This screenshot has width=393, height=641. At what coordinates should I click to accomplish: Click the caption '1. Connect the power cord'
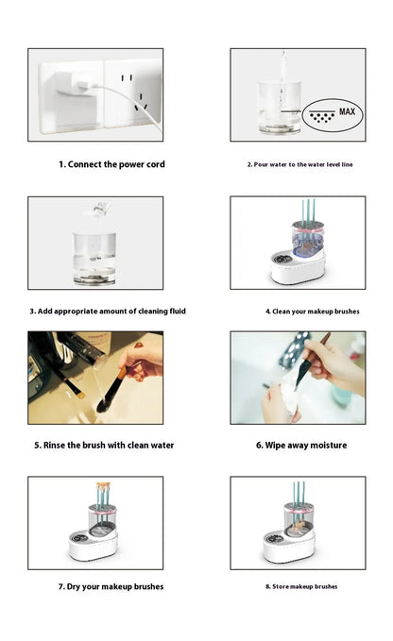point(111,164)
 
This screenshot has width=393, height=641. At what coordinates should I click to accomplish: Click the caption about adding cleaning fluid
point(95,311)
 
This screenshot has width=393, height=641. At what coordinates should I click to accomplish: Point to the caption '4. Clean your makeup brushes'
point(298,311)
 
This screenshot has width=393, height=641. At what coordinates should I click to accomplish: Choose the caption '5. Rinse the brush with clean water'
point(104,445)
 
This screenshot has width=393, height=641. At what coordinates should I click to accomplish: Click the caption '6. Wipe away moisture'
point(301,445)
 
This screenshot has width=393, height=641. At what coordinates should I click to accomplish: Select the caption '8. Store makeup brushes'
point(300,586)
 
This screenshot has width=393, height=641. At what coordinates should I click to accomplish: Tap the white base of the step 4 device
point(298,268)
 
